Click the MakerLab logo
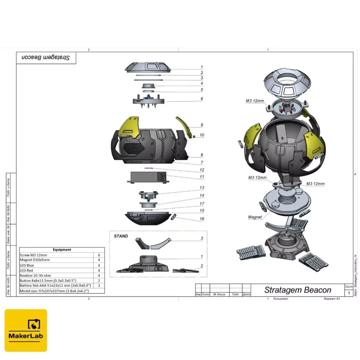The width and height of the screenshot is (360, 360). click(x=26, y=330)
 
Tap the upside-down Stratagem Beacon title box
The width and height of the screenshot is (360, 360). click(x=46, y=58)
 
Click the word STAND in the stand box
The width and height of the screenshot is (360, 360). click(x=121, y=236)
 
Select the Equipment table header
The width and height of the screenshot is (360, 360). click(x=62, y=250)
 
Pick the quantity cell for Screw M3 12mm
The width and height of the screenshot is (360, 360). click(x=99, y=255)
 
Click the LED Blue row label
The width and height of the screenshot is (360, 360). click(x=27, y=265)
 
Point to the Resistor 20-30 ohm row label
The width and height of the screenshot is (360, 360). click(x=35, y=275)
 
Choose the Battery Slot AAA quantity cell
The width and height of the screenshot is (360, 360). click(x=99, y=286)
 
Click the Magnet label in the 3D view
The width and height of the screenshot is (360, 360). click(x=255, y=217)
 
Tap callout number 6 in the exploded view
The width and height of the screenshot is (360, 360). click(x=202, y=99)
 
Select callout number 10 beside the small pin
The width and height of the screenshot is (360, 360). click(x=202, y=135)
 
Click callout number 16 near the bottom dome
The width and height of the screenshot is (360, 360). click(x=202, y=219)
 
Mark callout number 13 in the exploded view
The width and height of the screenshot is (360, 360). click(x=202, y=187)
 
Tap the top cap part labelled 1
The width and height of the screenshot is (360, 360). click(x=148, y=67)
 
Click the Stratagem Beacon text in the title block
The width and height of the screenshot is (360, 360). click(x=298, y=290)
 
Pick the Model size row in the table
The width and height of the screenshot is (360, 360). click(x=54, y=291)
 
